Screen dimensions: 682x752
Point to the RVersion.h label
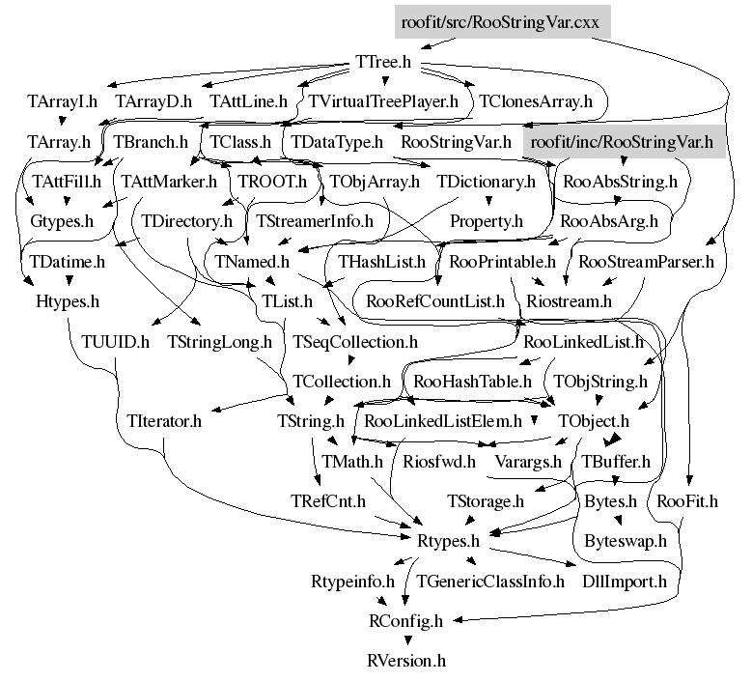(405, 662)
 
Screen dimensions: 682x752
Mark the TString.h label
(311, 421)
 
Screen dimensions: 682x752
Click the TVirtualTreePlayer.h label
(384, 99)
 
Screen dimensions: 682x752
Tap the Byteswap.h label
(626, 541)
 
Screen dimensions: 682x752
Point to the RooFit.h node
(686, 501)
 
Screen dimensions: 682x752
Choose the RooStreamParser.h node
(646, 261)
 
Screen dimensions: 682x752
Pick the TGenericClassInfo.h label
(489, 582)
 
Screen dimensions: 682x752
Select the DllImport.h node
(625, 582)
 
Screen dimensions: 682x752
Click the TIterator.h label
(164, 421)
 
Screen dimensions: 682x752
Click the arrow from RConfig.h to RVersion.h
(405, 640)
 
